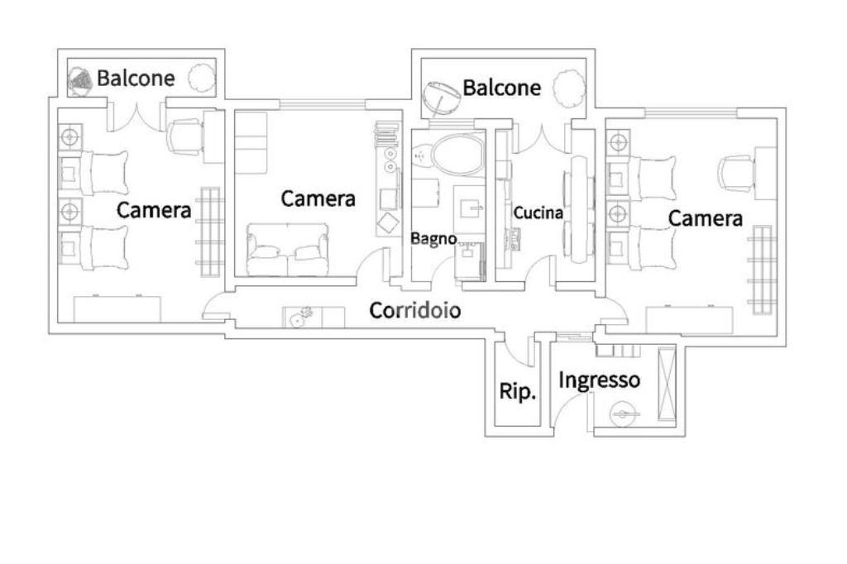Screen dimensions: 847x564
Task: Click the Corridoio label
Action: pyautogui.click(x=415, y=310)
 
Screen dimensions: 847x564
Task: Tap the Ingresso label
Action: pyautogui.click(x=599, y=380)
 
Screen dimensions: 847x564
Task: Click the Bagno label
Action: pyautogui.click(x=433, y=239)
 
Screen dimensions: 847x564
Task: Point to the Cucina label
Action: pyautogui.click(x=538, y=213)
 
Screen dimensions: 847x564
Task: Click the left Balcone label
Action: pyautogui.click(x=136, y=79)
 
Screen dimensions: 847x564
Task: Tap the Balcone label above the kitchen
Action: pyautogui.click(x=502, y=88)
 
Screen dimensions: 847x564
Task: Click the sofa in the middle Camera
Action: pyautogui.click(x=287, y=249)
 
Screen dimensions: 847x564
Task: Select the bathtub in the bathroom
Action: pyautogui.click(x=458, y=155)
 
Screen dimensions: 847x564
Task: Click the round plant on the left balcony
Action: pyautogui.click(x=202, y=78)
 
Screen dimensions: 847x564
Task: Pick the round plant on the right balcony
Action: pyautogui.click(x=569, y=87)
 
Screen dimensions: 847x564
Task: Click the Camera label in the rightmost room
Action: pyautogui.click(x=706, y=218)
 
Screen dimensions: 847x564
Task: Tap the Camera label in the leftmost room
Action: pyautogui.click(x=154, y=210)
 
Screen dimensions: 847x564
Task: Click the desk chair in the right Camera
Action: pyautogui.click(x=737, y=172)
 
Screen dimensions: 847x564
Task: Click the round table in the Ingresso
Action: pyautogui.click(x=625, y=415)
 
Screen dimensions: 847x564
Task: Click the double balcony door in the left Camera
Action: pyautogui.click(x=136, y=116)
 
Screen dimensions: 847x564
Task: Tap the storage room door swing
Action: pyautogui.click(x=517, y=348)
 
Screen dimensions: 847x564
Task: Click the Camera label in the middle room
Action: pyautogui.click(x=318, y=198)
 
